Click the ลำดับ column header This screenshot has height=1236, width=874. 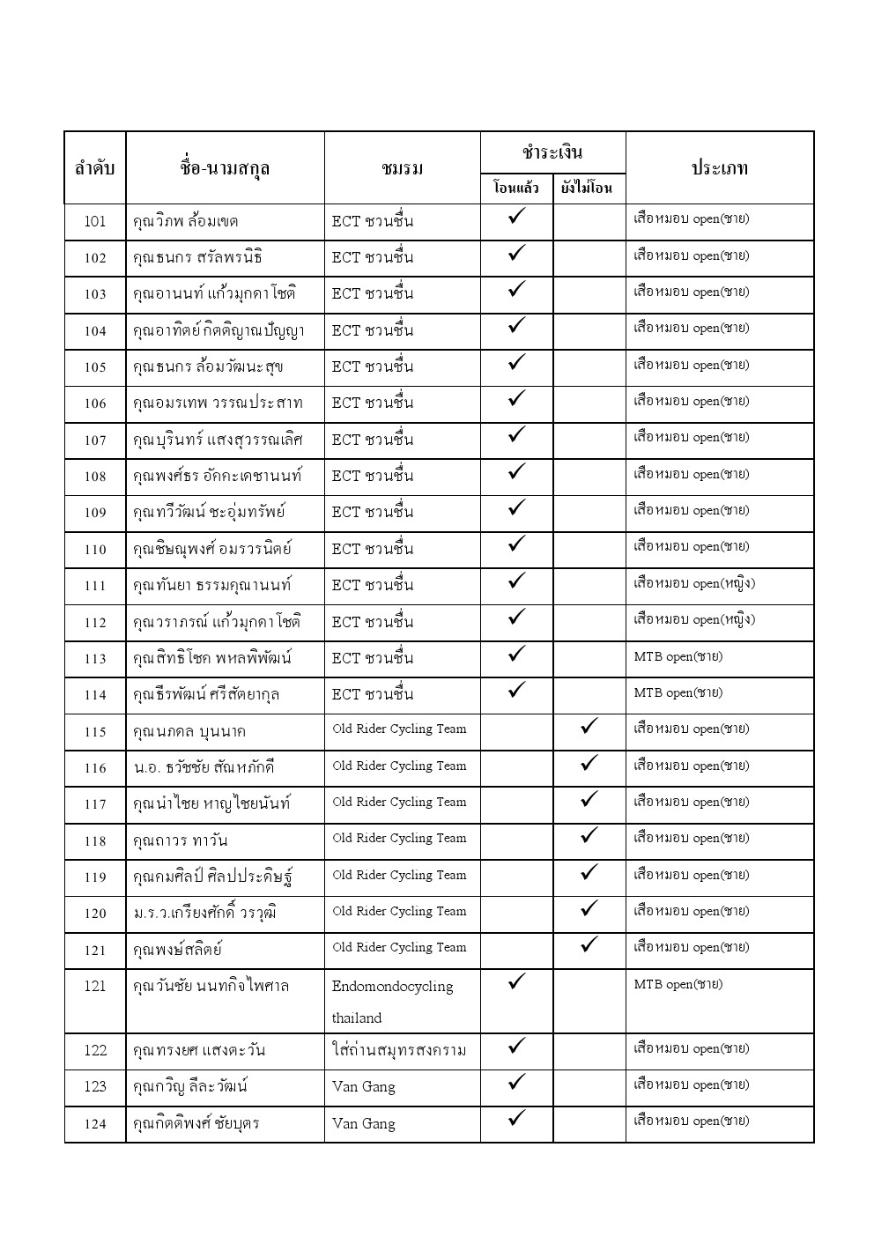[95, 168]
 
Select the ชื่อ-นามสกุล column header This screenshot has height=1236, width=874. [225, 168]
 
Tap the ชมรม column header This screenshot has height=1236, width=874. [403, 168]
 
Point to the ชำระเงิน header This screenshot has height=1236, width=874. [552, 152]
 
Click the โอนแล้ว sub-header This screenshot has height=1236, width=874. [516, 188]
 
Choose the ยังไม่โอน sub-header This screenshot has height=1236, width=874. [588, 188]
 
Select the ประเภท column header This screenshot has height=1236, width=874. [719, 168]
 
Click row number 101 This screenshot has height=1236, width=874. [95, 222]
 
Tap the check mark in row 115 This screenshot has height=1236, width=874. [589, 727]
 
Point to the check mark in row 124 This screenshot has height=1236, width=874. [517, 1119]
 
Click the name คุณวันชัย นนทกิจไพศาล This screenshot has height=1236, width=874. [211, 986]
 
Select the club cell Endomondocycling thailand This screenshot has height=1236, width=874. [392, 1002]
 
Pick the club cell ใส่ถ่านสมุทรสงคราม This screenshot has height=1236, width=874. [398, 1050]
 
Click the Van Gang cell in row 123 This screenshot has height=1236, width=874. [364, 1087]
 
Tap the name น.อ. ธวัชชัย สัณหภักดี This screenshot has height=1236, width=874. [204, 767]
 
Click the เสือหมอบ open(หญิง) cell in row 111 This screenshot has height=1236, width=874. [693, 584]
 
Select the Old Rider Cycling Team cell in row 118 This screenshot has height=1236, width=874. [399, 839]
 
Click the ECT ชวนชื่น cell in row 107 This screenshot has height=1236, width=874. [372, 440]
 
